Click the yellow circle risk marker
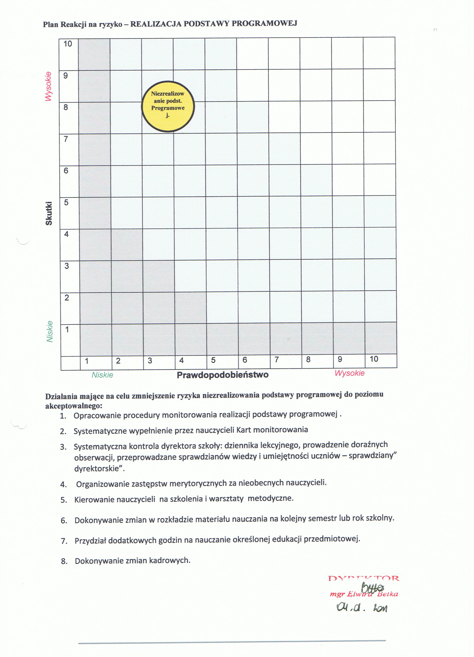(x=168, y=106)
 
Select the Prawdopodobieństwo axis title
(x=222, y=375)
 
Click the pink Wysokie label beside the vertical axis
(x=48, y=86)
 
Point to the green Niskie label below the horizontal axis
(x=102, y=375)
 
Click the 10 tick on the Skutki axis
(x=68, y=44)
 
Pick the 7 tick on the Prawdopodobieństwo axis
(x=277, y=360)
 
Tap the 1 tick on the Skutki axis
(x=67, y=329)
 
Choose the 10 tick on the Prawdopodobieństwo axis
(x=374, y=359)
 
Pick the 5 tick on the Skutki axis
(x=66, y=202)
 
